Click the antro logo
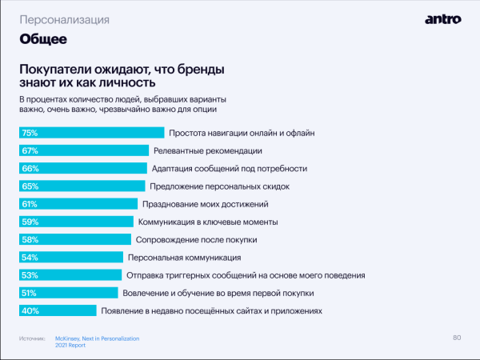[x=443, y=18]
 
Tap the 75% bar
[x=91, y=133]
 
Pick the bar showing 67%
[x=84, y=150]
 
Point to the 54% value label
[x=30, y=258]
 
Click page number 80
[x=457, y=337]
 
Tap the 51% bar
[x=67, y=294]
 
